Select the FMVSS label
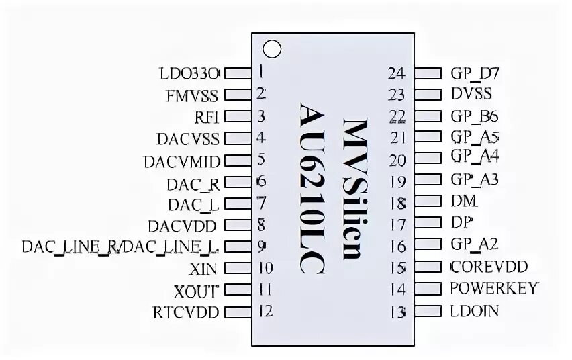[x=192, y=95]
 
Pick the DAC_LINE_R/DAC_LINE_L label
[x=120, y=246]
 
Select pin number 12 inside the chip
[x=265, y=312]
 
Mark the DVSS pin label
[x=472, y=94]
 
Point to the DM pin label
[x=465, y=201]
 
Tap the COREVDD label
[x=489, y=267]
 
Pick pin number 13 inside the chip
[x=398, y=312]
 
